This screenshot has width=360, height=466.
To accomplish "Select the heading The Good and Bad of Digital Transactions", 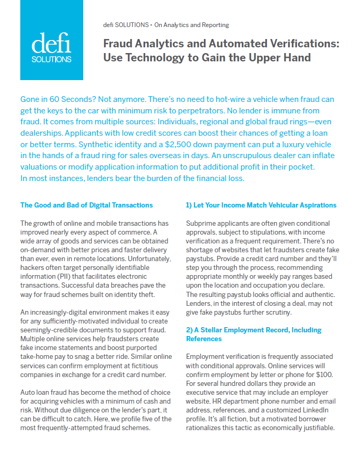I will [86, 205].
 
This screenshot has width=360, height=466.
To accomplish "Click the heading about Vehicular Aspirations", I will [261, 205].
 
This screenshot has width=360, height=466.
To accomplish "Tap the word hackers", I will [33, 261].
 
